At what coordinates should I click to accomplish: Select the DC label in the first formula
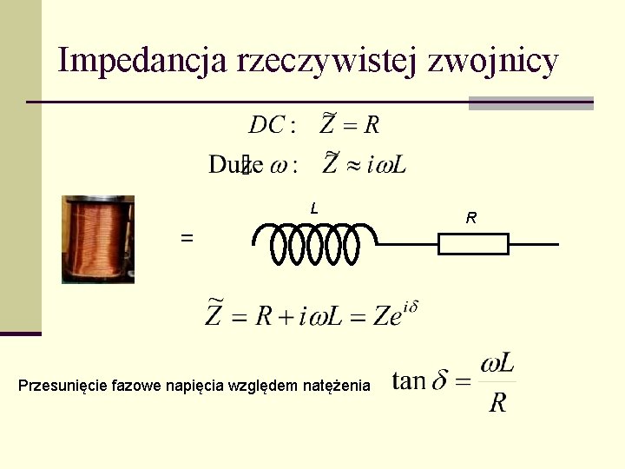point(268,125)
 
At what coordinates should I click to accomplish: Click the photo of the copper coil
point(98,239)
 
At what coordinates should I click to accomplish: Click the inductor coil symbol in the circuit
point(313,244)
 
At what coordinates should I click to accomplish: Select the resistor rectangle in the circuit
point(473,245)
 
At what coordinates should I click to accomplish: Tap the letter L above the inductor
point(314,208)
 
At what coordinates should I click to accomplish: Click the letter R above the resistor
point(470,218)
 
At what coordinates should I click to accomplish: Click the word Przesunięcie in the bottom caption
point(63,385)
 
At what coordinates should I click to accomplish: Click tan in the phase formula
point(409,380)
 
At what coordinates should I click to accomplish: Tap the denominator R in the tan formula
point(497,402)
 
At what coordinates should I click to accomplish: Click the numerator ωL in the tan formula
point(497,362)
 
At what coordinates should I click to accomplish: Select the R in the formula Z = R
point(372,125)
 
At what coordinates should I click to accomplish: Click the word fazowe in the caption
point(135,385)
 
